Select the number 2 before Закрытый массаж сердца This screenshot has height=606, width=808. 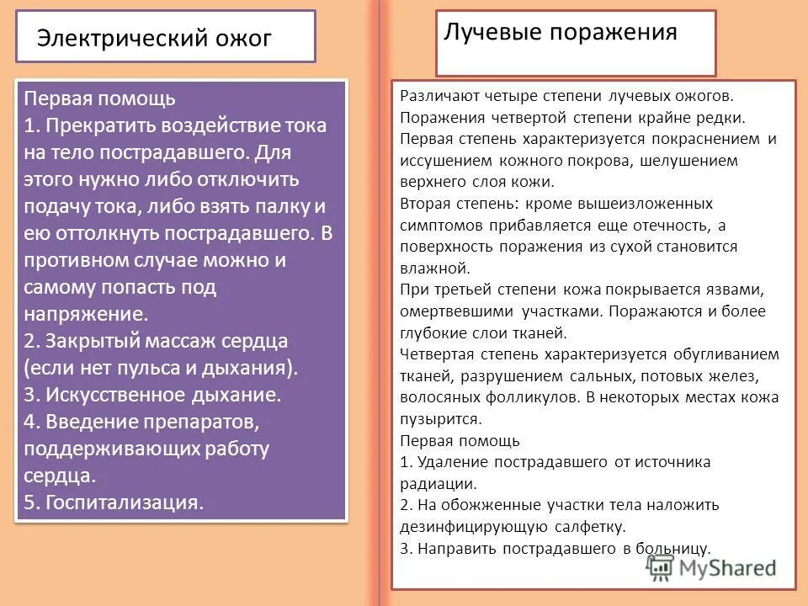coord(29,341)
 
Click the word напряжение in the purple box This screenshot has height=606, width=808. coord(86,314)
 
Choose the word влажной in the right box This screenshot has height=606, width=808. coord(434,268)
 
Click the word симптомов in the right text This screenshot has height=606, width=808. coord(436,225)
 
